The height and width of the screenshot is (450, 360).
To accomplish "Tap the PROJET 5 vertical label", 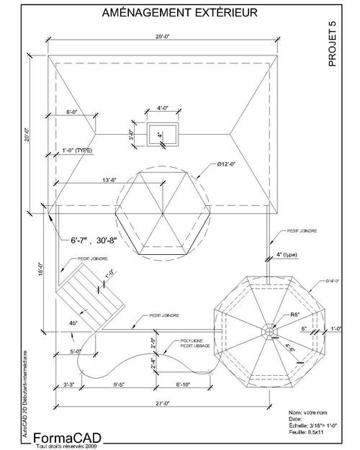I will (x=332, y=44).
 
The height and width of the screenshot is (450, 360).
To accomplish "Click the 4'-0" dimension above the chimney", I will (x=163, y=108).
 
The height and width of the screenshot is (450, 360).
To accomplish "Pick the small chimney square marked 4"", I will (x=160, y=135).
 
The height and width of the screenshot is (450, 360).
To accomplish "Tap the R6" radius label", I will (x=275, y=315).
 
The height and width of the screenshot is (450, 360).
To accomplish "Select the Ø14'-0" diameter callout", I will (x=331, y=280).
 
